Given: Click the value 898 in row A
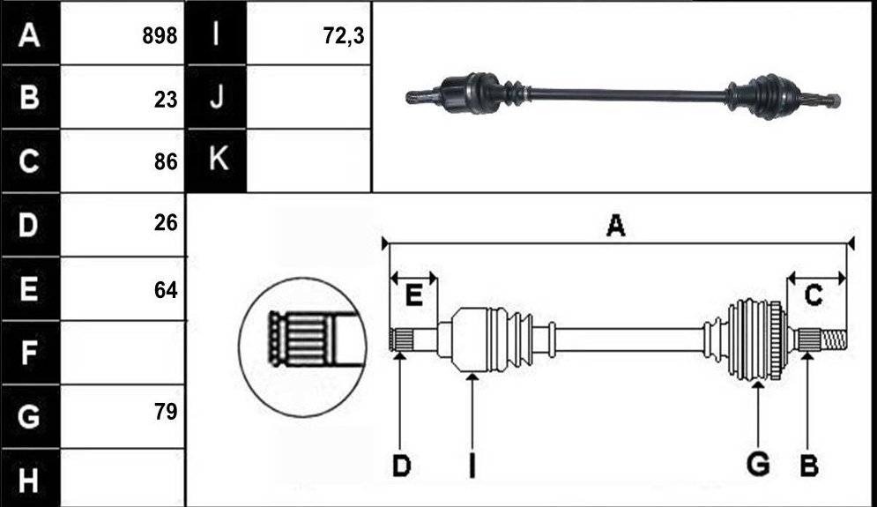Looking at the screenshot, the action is [160, 36].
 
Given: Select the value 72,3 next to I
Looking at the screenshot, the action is [344, 36].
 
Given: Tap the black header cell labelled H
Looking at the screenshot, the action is [30, 480].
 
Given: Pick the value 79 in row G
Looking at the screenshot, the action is [166, 411].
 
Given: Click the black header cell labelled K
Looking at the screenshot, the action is [217, 160].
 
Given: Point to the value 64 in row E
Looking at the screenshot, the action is [166, 290].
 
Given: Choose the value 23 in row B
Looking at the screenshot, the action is [166, 100].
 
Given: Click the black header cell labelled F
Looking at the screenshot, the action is [30, 353].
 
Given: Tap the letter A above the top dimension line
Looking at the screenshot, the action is [615, 226].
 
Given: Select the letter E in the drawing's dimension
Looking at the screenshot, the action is [413, 295].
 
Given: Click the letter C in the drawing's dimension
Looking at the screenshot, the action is [814, 295].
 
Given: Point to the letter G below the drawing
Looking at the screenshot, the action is [758, 465].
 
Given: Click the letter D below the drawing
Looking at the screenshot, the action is [402, 466].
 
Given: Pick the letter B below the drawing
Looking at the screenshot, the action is [809, 466].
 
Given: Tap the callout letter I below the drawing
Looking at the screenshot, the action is [472, 466].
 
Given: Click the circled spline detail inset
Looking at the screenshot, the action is [302, 347].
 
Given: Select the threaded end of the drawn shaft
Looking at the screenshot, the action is [834, 339].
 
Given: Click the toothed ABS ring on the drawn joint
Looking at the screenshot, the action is [777, 340].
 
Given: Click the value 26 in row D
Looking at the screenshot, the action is [166, 223].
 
